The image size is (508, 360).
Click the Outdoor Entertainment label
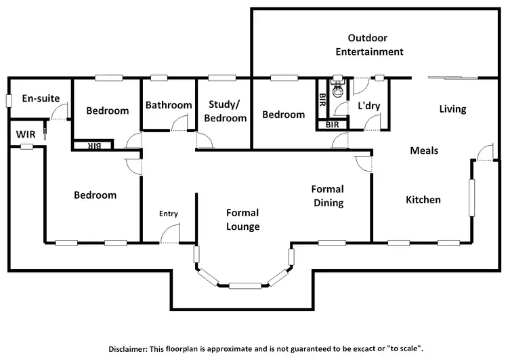coord(375,45)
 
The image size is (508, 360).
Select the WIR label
coord(25,134)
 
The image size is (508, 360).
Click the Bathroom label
coord(169,105)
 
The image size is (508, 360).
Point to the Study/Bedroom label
coord(227,111)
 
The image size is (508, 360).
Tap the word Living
coord(452,108)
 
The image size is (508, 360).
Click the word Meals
coord(424,151)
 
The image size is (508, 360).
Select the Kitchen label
coord(423,199)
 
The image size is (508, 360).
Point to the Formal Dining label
coord(327,196)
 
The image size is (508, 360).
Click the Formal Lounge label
coord(242,220)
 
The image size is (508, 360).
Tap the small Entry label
coord(169,214)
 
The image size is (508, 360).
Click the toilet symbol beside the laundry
coord(338,87)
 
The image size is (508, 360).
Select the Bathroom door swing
coord(180,123)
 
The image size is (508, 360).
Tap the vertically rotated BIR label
coord(322,100)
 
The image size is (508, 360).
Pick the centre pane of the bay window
coord(245,285)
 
